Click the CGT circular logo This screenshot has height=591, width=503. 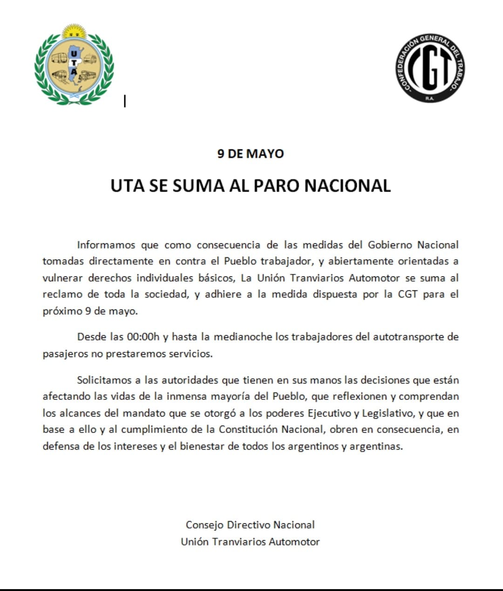point(430,68)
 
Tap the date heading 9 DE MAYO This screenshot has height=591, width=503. point(251,153)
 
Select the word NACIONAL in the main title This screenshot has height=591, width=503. point(347,186)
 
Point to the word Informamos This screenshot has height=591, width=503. point(106,245)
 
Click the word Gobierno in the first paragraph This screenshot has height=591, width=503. point(390,245)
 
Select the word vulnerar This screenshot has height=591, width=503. point(62,278)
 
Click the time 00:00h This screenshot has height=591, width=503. point(143,337)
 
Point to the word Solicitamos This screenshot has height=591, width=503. point(105,380)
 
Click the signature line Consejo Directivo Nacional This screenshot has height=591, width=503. point(250,525)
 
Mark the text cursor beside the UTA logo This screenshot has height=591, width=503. point(125,101)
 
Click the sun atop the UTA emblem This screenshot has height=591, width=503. point(74,32)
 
